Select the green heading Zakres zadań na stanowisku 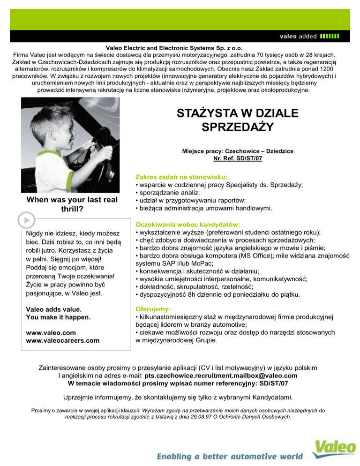coord(181,177)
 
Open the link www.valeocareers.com coord(63,340)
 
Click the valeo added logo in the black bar coord(309,36)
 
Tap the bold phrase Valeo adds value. coord(54,309)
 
